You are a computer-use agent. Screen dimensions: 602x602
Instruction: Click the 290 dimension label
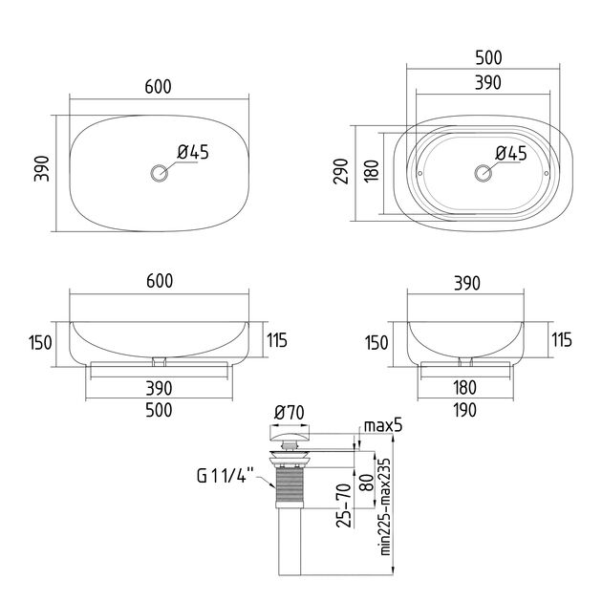pos(341,171)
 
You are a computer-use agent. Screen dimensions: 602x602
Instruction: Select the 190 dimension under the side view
pos(465,411)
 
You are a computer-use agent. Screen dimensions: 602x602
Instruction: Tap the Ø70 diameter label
pos(290,413)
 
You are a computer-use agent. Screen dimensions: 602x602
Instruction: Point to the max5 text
pos(383,426)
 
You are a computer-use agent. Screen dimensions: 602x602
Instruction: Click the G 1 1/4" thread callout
pos(226,476)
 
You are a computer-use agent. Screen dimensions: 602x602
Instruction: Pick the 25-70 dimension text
pos(344,505)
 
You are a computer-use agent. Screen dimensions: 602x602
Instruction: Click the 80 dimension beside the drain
pos(368,483)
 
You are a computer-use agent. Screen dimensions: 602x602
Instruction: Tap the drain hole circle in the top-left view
pos(159,173)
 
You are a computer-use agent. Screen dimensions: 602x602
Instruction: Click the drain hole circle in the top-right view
pos(483,173)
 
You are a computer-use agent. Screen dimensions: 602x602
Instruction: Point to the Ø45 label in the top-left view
pos(193,153)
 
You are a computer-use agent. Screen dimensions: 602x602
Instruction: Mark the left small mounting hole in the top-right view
pos(420,174)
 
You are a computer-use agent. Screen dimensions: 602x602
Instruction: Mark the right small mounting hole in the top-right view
pos(547,174)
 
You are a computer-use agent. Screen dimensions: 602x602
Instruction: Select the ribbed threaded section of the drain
pos(288,485)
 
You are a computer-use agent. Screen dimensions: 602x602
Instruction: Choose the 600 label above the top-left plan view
pos(159,87)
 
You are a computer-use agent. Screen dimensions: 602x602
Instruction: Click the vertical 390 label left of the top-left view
pos(41,168)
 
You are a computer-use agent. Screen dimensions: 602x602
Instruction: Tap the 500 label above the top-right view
pos(488,58)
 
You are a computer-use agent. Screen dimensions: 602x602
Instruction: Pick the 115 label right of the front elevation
pos(277,340)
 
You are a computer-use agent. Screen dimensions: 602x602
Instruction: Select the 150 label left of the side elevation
pos(376,343)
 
